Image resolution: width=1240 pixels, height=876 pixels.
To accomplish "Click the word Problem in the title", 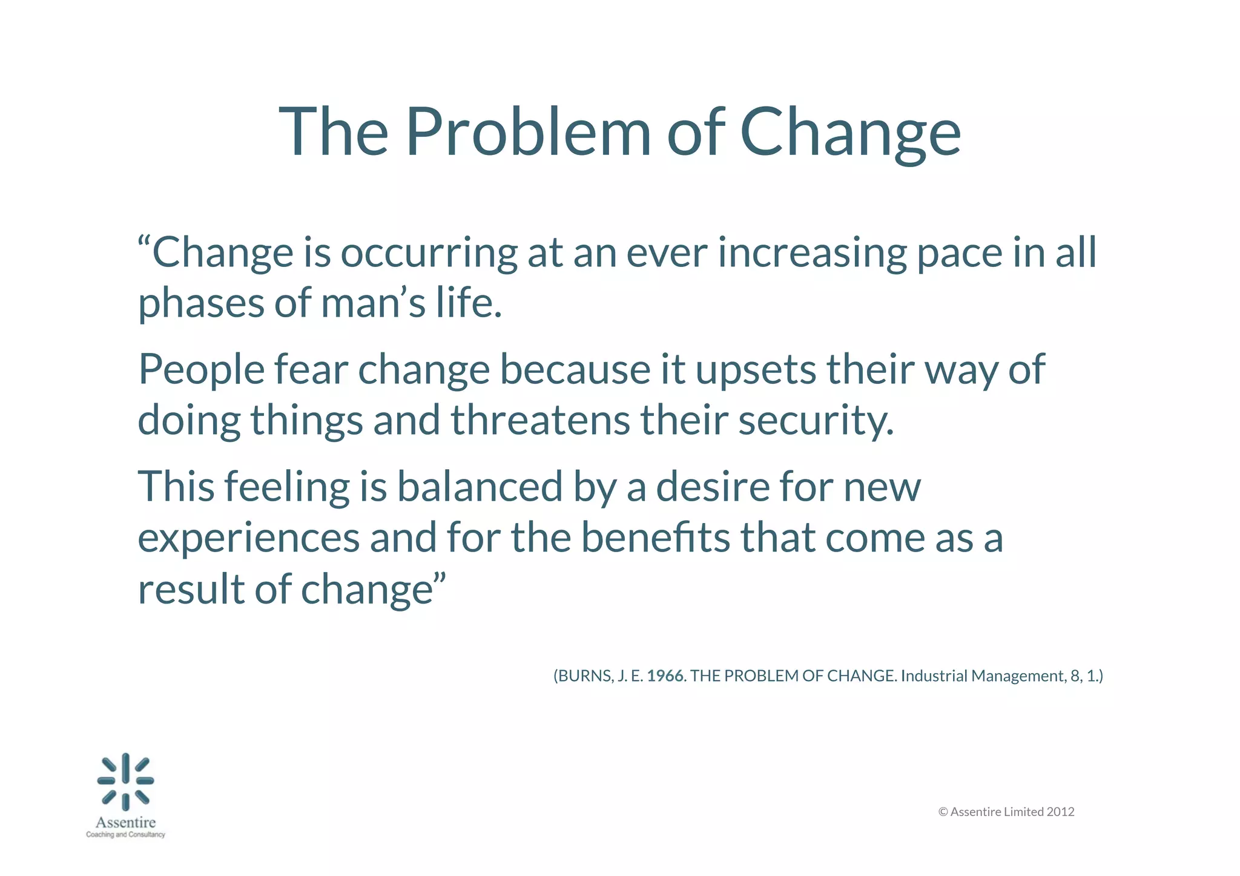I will click(x=528, y=132).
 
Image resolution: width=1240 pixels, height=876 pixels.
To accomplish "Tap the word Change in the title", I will click(x=850, y=132).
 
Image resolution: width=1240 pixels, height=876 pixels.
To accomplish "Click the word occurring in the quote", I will click(x=429, y=252).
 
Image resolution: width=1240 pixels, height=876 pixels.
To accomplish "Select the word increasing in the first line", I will click(x=812, y=252).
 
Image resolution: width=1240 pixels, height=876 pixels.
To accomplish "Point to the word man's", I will click(x=374, y=303).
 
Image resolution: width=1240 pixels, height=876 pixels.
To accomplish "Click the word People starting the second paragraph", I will click(x=202, y=369).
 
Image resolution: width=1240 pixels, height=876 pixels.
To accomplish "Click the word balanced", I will click(x=480, y=487).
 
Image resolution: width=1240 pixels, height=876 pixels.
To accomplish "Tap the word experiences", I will click(x=249, y=538).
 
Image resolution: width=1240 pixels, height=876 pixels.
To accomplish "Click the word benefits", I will click(x=656, y=538).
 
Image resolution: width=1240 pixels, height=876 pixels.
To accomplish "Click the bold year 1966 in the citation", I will click(x=665, y=676).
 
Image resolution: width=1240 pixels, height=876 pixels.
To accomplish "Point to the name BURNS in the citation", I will click(x=585, y=676).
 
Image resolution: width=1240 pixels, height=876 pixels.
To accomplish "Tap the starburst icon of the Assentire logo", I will click(x=126, y=782).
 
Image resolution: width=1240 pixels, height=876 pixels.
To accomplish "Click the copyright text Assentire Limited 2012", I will click(x=1012, y=812).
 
